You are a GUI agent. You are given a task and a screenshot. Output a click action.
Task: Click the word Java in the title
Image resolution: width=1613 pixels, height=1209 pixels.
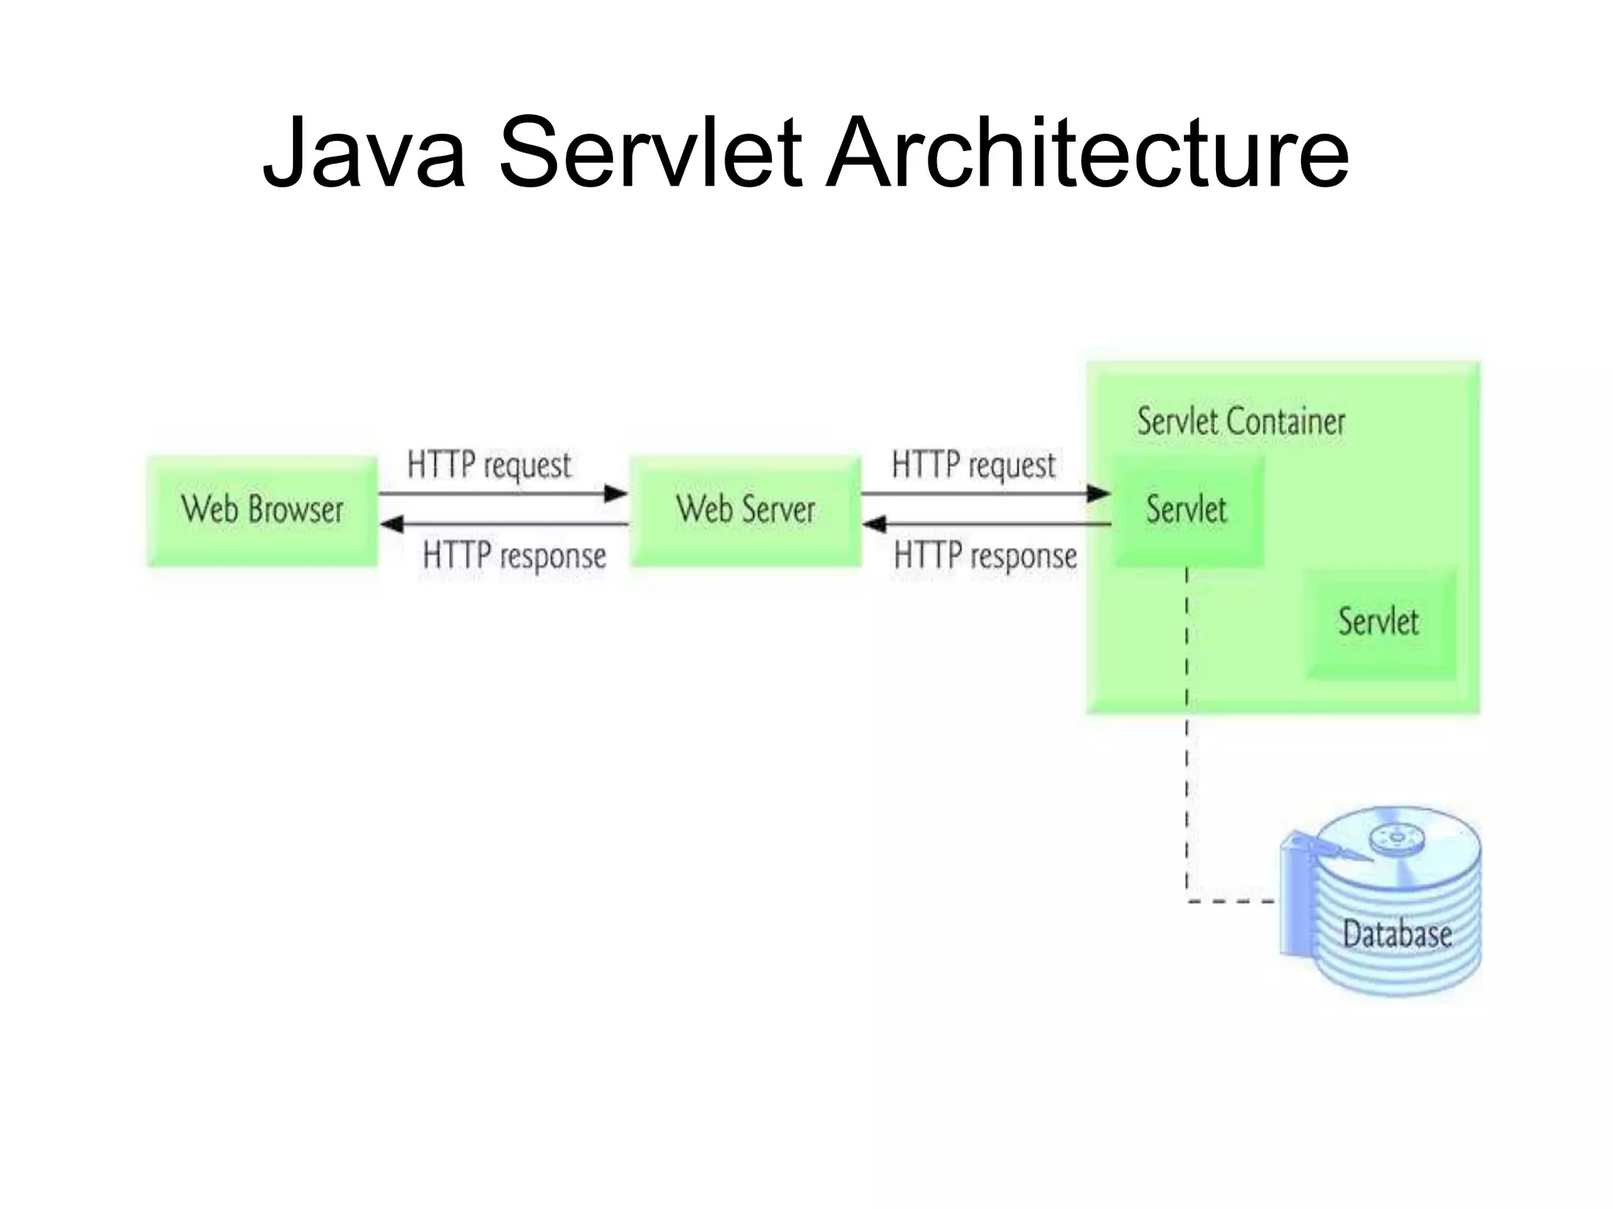(364, 153)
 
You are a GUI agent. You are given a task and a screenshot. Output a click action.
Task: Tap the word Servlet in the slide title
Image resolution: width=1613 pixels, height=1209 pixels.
(651, 153)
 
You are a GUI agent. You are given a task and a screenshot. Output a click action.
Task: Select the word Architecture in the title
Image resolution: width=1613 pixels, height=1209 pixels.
(1087, 153)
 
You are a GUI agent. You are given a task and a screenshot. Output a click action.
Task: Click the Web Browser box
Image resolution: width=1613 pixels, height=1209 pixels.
(262, 510)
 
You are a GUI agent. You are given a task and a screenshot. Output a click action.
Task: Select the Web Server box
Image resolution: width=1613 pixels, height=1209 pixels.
(746, 510)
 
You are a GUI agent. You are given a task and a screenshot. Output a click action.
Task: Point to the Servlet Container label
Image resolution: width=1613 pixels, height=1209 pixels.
(1240, 422)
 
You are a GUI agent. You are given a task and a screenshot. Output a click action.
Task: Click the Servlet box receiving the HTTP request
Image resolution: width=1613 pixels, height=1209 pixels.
(1186, 510)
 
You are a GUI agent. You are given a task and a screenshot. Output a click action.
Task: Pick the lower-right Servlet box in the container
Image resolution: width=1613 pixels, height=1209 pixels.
(1378, 622)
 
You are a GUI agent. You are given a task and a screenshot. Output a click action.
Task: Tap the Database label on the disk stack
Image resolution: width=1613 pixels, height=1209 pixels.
(1397, 934)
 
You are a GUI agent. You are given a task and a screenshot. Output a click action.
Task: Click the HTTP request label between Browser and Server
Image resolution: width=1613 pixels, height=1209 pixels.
(489, 464)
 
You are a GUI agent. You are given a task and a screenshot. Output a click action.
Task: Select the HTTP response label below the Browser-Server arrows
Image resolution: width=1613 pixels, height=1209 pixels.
(514, 556)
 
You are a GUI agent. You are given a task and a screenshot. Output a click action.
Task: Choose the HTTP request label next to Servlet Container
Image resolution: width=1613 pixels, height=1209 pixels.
(973, 464)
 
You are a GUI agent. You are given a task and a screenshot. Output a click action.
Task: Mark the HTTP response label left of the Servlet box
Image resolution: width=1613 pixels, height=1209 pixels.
(984, 556)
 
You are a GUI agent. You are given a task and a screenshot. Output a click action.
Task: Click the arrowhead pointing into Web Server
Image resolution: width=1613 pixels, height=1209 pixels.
(616, 494)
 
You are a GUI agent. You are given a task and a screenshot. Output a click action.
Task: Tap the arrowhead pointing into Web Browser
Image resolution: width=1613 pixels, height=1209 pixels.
(392, 524)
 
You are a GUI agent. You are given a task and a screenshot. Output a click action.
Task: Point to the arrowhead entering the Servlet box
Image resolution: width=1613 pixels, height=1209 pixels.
(1099, 494)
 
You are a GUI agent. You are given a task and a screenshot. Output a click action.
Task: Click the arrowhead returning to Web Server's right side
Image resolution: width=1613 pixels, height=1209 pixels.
(875, 524)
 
